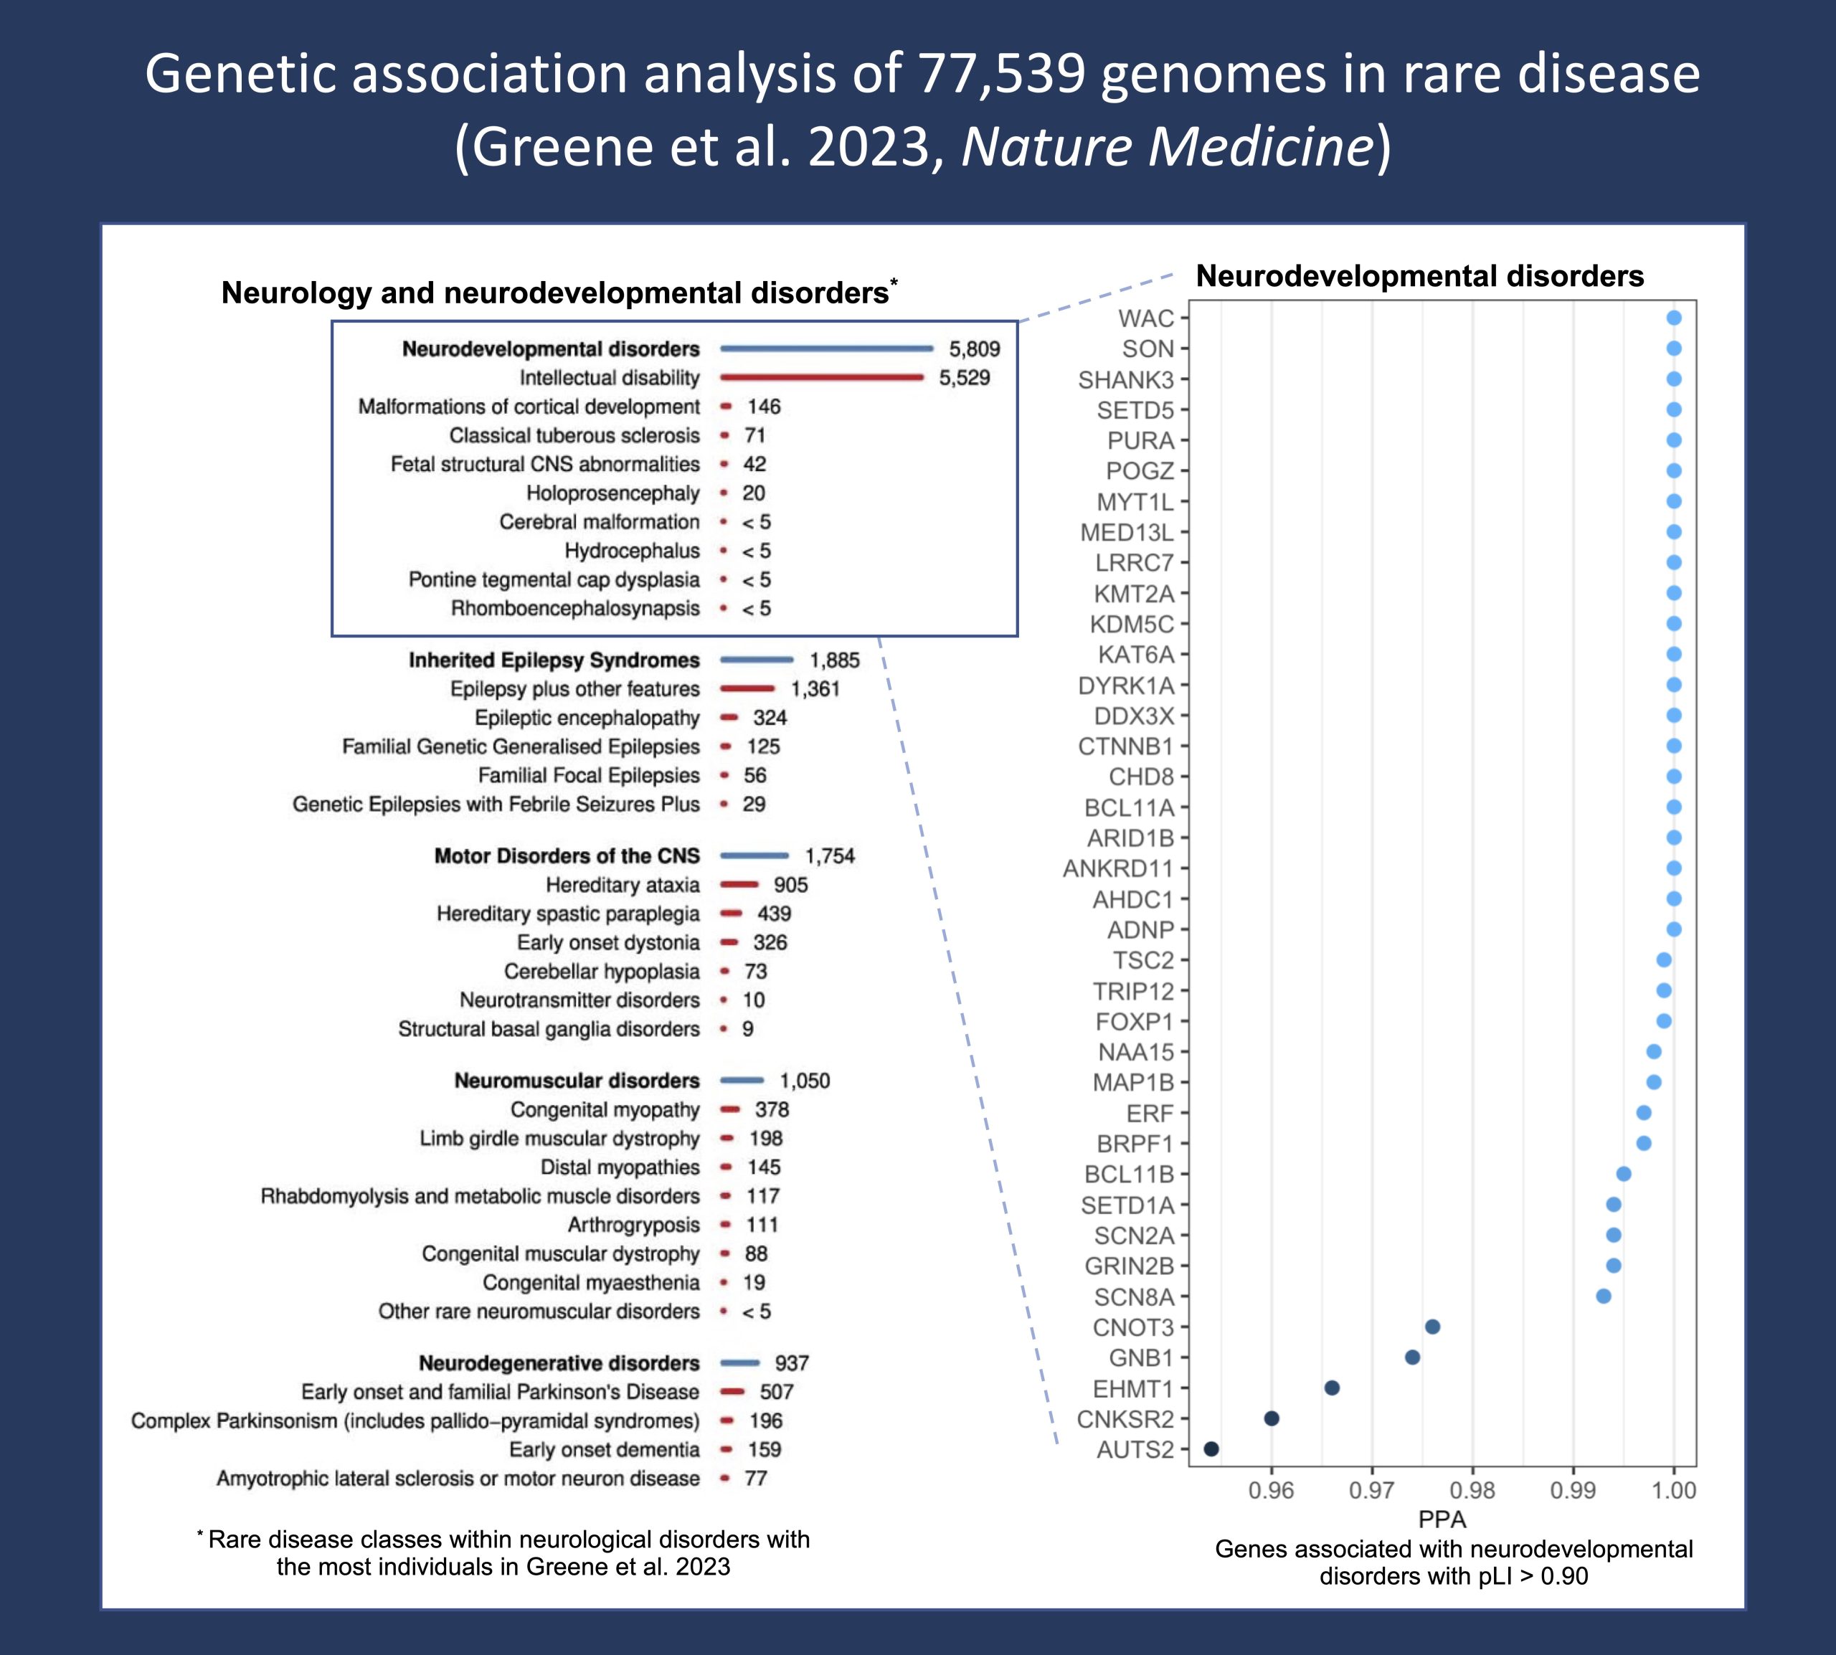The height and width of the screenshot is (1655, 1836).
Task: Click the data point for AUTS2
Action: click(x=1211, y=1449)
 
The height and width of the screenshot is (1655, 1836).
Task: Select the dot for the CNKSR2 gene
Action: click(x=1272, y=1418)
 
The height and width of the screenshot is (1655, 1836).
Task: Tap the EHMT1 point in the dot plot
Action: click(x=1331, y=1388)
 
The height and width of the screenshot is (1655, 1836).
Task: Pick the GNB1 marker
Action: click(x=1412, y=1357)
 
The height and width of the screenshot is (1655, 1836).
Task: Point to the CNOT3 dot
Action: click(x=1432, y=1327)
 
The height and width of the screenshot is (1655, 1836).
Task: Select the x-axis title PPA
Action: click(x=1442, y=1519)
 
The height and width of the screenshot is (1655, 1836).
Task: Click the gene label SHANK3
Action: click(x=1126, y=380)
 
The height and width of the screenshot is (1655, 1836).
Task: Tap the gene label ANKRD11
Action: click(x=1119, y=869)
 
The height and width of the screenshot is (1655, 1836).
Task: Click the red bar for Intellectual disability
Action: click(x=821, y=377)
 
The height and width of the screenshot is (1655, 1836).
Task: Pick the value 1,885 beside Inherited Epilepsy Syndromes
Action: click(x=834, y=660)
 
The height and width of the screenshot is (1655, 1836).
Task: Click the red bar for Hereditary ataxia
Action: click(x=739, y=885)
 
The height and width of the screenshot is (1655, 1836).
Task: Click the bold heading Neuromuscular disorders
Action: click(x=577, y=1081)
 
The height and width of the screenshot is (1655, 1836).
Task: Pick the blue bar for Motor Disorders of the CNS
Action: click(x=754, y=855)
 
